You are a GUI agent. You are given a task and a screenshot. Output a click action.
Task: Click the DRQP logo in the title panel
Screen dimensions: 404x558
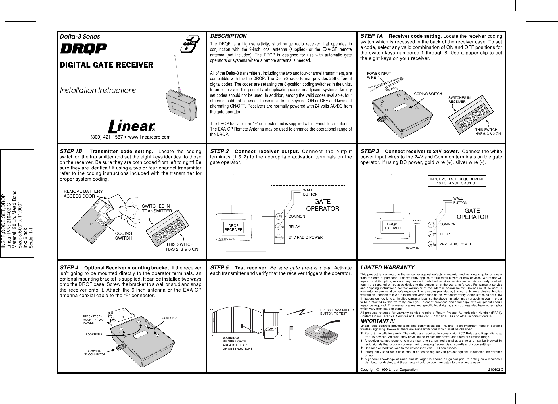(x=83, y=49)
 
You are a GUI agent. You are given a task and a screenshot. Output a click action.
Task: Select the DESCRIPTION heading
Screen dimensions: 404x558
(x=228, y=36)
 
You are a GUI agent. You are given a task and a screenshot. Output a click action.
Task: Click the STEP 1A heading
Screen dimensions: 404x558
(x=371, y=36)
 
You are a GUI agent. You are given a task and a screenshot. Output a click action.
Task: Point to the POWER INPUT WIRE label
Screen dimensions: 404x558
(x=379, y=76)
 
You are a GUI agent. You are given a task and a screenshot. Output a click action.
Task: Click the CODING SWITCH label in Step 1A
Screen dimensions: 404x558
(x=428, y=94)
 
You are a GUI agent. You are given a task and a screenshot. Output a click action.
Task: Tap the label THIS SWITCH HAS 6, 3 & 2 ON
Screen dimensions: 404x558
(x=488, y=131)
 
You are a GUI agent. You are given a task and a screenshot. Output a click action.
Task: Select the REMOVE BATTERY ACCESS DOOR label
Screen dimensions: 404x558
(x=83, y=193)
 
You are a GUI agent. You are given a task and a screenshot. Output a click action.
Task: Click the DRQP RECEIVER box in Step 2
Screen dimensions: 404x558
(x=233, y=227)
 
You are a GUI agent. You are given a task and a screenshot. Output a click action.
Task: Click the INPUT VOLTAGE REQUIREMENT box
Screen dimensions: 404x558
(x=457, y=181)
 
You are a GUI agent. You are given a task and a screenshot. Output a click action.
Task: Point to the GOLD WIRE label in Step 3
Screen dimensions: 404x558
(x=413, y=248)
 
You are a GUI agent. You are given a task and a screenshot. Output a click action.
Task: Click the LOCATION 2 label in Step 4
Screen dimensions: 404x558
(x=168, y=317)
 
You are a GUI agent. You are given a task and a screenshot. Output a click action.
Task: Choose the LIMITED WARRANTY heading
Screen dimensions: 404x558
(x=387, y=268)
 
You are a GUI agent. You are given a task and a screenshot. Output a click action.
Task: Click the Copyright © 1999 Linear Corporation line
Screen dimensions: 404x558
(x=389, y=370)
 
